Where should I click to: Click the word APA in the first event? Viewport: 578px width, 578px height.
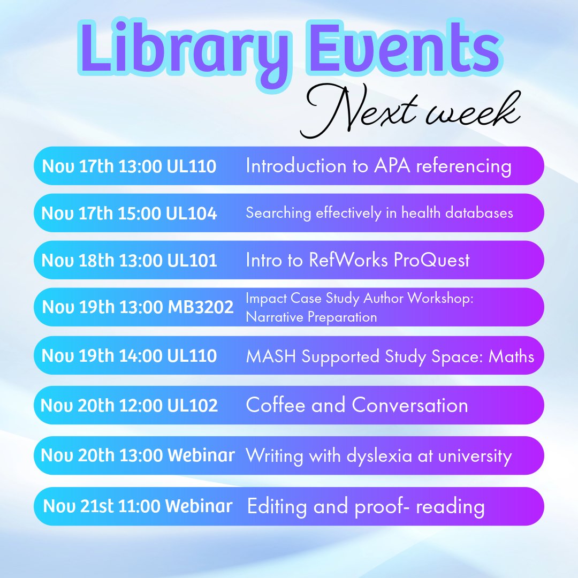[x=386, y=166]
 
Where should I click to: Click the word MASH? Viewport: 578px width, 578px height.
[x=271, y=356]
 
